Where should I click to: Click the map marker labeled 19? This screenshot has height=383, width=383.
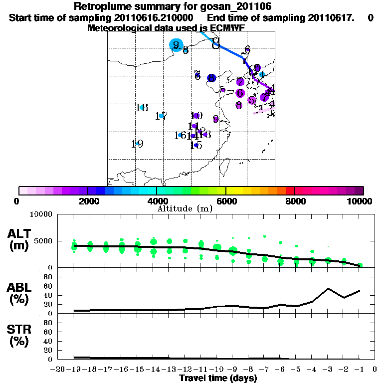tap(137, 144)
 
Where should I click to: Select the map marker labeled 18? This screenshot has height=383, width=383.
tap(142, 108)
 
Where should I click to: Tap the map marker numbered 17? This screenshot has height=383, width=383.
tap(162, 116)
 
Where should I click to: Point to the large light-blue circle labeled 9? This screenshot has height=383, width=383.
tap(176, 45)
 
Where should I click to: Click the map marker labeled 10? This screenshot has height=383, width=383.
tap(196, 116)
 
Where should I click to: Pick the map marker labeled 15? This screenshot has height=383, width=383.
tap(196, 145)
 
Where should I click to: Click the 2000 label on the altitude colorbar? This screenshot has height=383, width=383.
tap(87, 201)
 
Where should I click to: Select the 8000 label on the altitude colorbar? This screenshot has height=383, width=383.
tap(295, 201)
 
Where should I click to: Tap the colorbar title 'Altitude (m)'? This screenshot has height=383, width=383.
tap(185, 208)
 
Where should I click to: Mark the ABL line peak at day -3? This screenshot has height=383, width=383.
tap(328, 288)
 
